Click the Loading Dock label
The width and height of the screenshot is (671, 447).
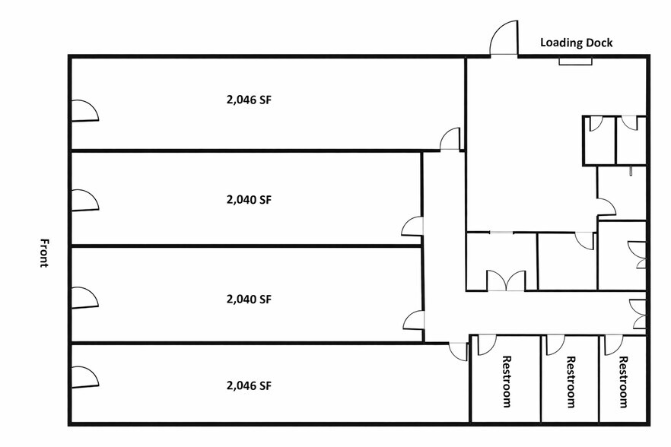tap(576, 43)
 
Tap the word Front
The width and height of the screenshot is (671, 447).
tap(43, 253)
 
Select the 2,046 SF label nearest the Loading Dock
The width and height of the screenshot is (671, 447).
tap(249, 100)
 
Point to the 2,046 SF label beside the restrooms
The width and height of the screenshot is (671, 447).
tap(249, 385)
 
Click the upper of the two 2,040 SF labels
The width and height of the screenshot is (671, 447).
tap(249, 199)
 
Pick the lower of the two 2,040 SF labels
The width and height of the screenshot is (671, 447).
tap(249, 299)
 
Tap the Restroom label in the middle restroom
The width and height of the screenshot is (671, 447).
tap(571, 382)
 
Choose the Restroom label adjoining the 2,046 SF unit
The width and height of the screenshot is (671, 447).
tap(506, 382)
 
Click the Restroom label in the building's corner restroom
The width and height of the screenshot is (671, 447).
tap(624, 382)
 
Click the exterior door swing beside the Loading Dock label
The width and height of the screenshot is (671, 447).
tap(504, 38)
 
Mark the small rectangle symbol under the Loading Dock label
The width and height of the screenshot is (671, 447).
tap(576, 62)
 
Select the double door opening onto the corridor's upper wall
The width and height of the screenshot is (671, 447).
tap(506, 281)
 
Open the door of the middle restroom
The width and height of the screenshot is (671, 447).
tap(555, 345)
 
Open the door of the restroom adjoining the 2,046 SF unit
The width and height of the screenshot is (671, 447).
tap(487, 345)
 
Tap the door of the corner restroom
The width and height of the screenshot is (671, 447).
tap(614, 345)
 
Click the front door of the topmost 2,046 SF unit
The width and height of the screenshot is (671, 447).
tap(84, 111)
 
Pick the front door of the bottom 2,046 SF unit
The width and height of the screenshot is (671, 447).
tap(84, 377)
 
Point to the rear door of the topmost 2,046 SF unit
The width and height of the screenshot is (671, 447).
tap(450, 138)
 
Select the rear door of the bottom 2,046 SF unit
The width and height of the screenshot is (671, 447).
tap(458, 352)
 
